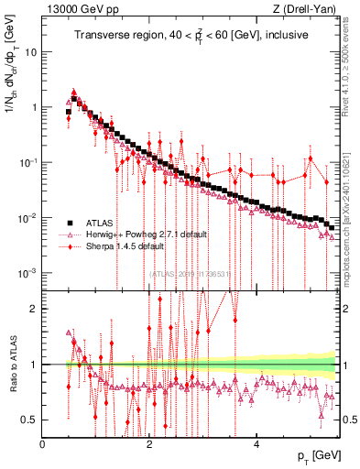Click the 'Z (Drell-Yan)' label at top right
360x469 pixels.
308,9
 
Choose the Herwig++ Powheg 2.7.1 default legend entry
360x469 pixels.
147,234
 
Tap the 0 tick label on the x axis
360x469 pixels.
43,444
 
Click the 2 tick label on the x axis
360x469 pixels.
149,444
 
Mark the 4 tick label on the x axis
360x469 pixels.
256,444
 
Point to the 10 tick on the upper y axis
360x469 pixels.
31,51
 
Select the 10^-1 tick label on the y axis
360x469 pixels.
27,163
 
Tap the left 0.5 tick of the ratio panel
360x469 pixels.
29,420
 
